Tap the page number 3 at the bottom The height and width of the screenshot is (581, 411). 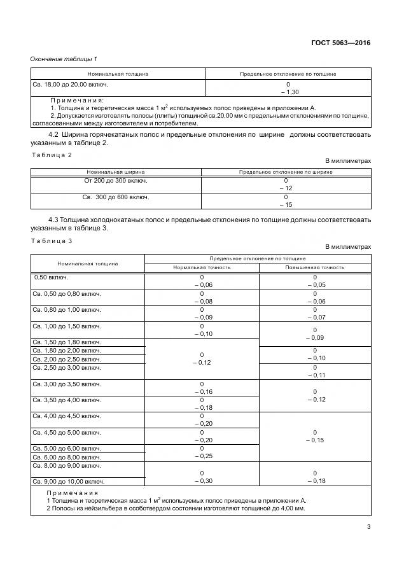click(368, 526)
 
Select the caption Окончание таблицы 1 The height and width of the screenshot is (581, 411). click(64, 59)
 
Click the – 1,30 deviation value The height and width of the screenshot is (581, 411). click(288, 92)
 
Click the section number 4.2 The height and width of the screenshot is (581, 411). click(54, 135)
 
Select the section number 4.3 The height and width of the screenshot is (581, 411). click(54, 220)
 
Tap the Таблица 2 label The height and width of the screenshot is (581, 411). click(52, 155)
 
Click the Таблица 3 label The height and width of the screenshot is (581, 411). click(52, 240)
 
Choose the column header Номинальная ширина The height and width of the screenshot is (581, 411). click(116, 172)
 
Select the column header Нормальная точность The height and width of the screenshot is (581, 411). click(202, 267)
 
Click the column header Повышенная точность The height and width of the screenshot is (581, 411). click(314, 267)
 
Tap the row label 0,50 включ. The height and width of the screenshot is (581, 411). click(51, 277)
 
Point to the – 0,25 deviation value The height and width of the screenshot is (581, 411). click(202, 456)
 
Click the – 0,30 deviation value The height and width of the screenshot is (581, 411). click(202, 481)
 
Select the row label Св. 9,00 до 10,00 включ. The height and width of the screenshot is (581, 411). click(69, 482)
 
